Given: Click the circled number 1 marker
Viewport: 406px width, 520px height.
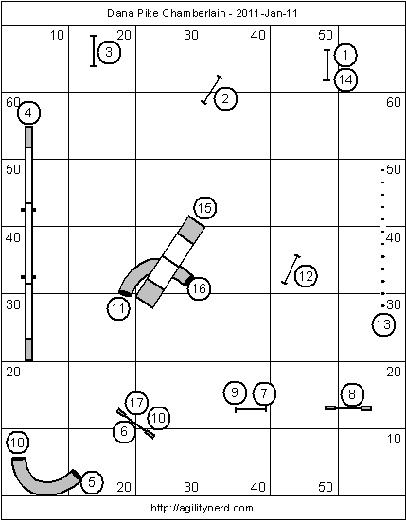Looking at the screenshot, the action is (345, 55).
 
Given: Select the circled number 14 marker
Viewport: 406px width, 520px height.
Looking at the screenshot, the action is (345, 79).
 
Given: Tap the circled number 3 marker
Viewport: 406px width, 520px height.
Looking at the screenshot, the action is (109, 52).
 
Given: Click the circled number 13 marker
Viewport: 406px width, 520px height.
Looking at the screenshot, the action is (383, 324).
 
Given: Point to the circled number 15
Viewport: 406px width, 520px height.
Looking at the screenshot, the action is (204, 208).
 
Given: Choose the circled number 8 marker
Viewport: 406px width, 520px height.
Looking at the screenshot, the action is (352, 394).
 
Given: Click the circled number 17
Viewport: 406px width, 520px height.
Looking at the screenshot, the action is (136, 403).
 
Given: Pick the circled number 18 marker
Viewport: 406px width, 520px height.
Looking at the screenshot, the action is (18, 442).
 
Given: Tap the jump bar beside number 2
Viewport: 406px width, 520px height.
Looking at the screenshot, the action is (212, 90).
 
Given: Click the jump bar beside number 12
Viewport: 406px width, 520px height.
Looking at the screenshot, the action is (291, 269).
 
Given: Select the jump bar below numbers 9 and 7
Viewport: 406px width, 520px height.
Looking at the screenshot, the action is (251, 409).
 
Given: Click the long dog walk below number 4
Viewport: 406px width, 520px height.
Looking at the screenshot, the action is (29, 243).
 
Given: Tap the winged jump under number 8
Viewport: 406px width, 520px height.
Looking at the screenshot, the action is (348, 407).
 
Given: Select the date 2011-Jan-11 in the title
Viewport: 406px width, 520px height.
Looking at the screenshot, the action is (266, 13).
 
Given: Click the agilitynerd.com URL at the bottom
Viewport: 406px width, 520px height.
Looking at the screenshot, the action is (202, 508).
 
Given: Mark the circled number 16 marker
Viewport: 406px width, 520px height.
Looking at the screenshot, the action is (199, 288).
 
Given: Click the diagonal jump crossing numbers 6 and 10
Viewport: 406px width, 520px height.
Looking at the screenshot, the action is (135, 424).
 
